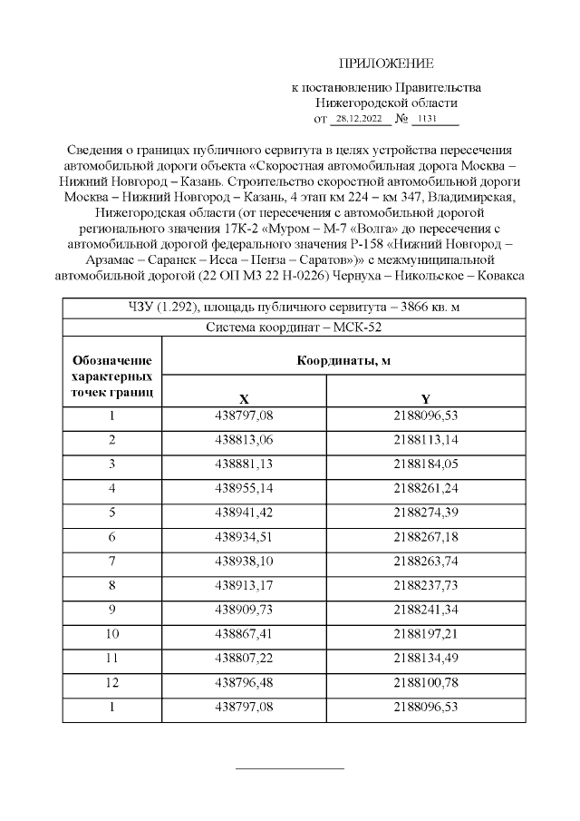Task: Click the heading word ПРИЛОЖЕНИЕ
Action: tap(386, 64)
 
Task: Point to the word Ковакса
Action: tap(495, 276)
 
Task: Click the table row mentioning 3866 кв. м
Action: tap(294, 307)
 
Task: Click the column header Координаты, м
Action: tap(343, 360)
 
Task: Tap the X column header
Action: tap(244, 399)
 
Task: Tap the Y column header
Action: tap(425, 399)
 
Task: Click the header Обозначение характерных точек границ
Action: tap(112, 376)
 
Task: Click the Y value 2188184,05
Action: tap(425, 464)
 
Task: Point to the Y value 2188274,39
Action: tap(425, 511)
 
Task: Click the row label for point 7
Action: tap(112, 558)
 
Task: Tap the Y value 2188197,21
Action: tap(425, 629)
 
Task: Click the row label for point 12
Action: tap(112, 676)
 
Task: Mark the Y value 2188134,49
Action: tap(425, 652)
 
